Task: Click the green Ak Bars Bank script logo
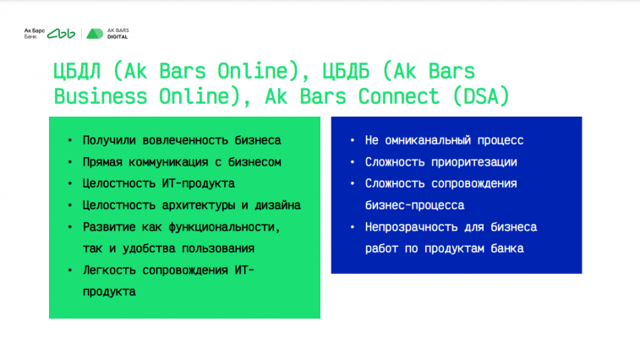click(x=61, y=34)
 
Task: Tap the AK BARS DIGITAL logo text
click(x=118, y=34)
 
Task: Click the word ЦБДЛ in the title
click(x=77, y=72)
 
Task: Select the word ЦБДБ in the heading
click(x=346, y=72)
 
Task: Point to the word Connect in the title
click(x=399, y=96)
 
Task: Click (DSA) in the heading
click(x=481, y=96)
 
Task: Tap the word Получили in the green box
click(x=109, y=140)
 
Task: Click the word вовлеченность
click(x=185, y=140)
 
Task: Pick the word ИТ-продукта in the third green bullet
click(x=199, y=183)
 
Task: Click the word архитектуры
click(x=199, y=205)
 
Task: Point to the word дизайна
click(x=277, y=205)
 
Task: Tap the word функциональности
click(x=225, y=227)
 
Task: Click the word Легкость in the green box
click(x=109, y=270)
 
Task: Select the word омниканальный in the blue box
click(x=428, y=140)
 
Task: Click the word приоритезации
click(x=474, y=162)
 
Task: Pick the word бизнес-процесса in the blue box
click(x=415, y=205)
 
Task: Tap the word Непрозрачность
click(x=412, y=227)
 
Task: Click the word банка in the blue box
click(x=507, y=248)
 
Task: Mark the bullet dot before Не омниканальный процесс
click(x=353, y=140)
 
